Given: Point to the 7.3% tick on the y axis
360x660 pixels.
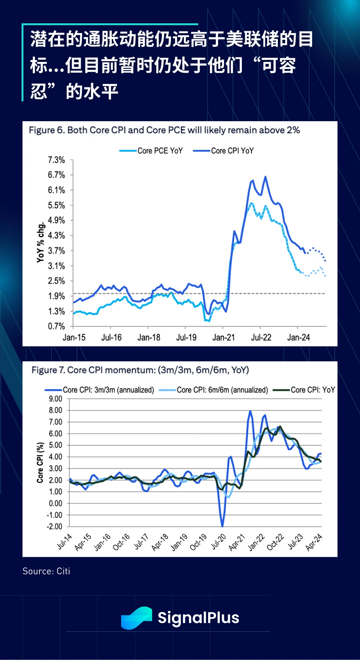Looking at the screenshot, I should tap(56, 160).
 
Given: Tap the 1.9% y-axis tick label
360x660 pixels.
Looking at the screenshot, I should tap(56, 296).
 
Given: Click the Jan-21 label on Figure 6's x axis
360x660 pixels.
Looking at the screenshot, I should tap(223, 338).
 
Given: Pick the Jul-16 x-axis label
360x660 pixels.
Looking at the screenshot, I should tap(111, 338).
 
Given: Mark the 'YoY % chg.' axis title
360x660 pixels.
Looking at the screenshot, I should tap(41, 242).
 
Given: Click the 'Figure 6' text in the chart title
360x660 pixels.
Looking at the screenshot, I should tap(47, 130).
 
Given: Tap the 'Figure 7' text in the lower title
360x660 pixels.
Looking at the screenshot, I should tap(49, 370).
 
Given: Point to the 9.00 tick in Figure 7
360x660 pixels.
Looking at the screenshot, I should tap(55, 399).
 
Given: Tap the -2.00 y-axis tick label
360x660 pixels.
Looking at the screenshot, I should tap(54, 527).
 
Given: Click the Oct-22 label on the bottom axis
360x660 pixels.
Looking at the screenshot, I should tap(275, 542).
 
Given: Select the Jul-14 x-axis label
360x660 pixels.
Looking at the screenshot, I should tap(64, 542).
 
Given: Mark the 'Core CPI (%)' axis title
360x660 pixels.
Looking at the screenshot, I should tap(40, 462).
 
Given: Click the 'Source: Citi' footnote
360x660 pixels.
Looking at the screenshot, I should tap(46, 571).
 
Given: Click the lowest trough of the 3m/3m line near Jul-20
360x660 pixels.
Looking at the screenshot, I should tap(222, 526).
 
